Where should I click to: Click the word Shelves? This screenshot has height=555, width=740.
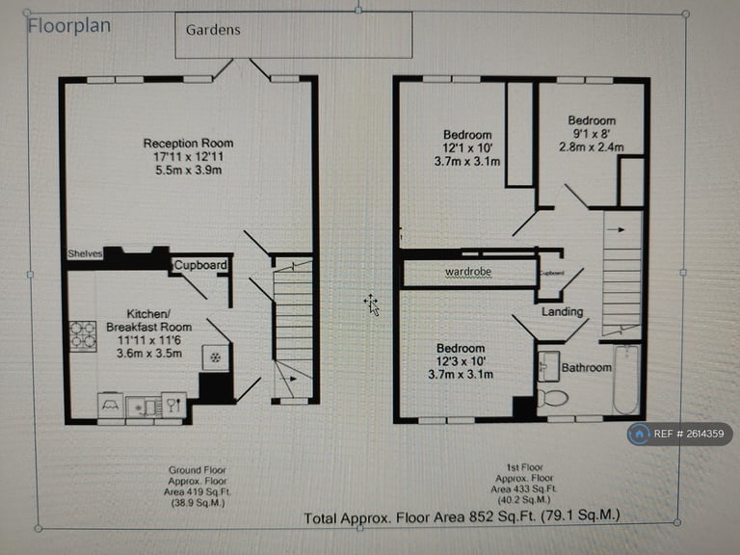(x=85, y=253)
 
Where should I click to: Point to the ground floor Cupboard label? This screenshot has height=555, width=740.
(x=200, y=265)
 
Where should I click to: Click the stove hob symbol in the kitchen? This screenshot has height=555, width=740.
(x=83, y=334)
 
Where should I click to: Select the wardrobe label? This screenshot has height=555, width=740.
(x=468, y=272)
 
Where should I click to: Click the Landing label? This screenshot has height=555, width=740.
(x=562, y=311)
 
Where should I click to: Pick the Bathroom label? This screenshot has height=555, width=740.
(x=587, y=367)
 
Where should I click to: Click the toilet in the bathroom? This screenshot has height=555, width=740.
(x=553, y=397)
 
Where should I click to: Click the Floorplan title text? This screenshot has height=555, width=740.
(x=69, y=25)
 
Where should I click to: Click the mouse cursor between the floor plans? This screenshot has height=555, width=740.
(x=371, y=305)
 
